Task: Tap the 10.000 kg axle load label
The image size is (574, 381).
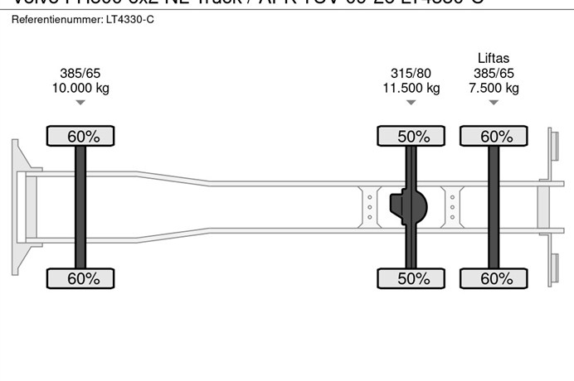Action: [80, 88]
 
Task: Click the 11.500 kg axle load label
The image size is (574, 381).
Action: [411, 88]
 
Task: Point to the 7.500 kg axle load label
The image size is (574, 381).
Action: [494, 88]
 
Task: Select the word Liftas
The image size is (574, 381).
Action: [494, 58]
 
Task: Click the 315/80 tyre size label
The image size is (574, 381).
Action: [411, 73]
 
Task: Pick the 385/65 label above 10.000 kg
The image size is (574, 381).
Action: [80, 73]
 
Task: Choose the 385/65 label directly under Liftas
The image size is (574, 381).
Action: [494, 73]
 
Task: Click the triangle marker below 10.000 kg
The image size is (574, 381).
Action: [80, 103]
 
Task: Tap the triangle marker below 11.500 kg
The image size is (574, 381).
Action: [411, 103]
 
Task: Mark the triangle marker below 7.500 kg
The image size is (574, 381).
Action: [494, 103]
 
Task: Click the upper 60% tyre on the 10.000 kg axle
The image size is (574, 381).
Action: [80, 136]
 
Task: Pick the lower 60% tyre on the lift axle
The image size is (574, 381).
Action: [494, 278]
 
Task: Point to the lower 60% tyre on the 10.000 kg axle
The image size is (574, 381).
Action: [80, 278]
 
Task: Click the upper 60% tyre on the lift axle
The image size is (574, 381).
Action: [494, 136]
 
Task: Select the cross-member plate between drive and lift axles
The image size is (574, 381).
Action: [452, 205]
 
